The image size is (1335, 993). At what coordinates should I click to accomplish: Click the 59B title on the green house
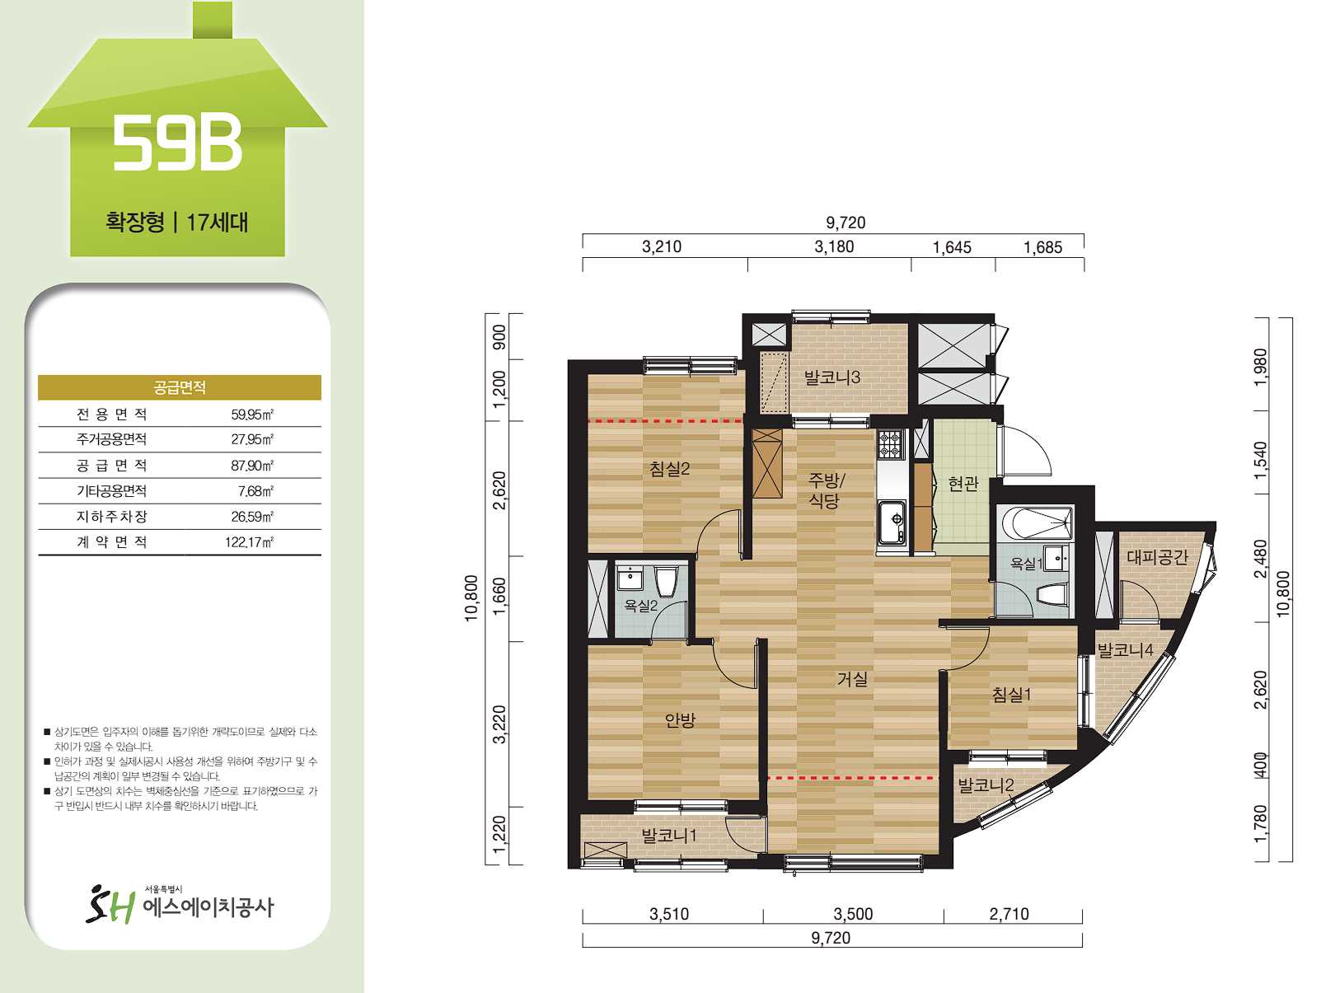[x=177, y=144]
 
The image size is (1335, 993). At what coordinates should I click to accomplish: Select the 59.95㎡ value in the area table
[x=252, y=414]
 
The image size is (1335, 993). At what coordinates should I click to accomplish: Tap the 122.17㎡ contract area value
[x=249, y=542]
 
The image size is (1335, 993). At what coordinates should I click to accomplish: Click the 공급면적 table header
[x=180, y=387]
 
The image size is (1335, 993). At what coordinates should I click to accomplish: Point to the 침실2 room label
[x=669, y=469]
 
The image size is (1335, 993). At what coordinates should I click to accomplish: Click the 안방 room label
[x=680, y=719]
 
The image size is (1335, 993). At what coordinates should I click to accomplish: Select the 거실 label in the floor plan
[x=852, y=679]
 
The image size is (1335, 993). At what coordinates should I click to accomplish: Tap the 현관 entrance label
[x=963, y=483]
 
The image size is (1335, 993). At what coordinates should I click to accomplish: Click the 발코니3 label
[x=831, y=377]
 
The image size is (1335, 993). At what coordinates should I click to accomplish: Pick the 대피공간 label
[x=1157, y=557]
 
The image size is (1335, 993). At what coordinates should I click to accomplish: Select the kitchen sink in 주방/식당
[x=892, y=521]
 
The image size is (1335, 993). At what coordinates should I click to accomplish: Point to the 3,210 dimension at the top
[x=662, y=246]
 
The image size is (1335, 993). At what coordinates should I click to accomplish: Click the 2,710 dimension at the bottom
[x=1009, y=914]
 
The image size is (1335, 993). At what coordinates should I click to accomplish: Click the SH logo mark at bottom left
[x=110, y=905]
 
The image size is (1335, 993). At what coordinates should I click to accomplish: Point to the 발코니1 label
[x=668, y=836]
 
